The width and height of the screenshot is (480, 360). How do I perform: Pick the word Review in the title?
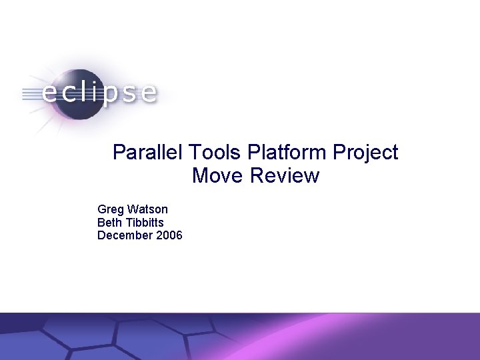pyautogui.click(x=285, y=176)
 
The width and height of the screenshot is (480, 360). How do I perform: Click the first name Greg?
pyautogui.click(x=110, y=210)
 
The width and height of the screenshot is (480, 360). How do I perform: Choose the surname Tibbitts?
pyautogui.click(x=145, y=223)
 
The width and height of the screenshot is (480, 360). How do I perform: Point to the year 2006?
pyautogui.click(x=169, y=235)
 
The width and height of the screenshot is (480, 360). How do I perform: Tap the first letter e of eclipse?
pyautogui.click(x=51, y=93)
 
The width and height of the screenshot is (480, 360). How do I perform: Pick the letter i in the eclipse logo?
pyautogui.click(x=94, y=91)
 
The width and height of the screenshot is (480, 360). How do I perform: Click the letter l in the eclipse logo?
pyautogui.click(x=82, y=91)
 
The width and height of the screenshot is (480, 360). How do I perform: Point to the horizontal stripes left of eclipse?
pyautogui.click(x=30, y=93)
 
